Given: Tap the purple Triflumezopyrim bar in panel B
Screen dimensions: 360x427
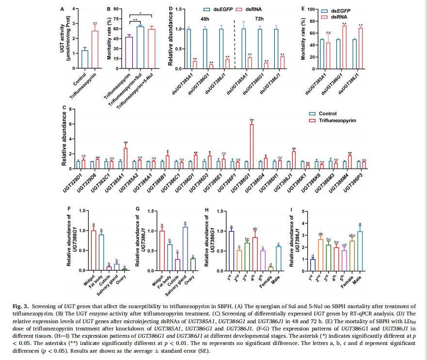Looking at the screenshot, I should click(129, 50).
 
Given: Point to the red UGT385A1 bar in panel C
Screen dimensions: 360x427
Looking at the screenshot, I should click(126, 157).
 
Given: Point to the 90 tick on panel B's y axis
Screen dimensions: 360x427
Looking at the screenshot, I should click(117, 9).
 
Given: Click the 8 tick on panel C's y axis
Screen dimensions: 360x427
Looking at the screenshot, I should click(70, 110).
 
